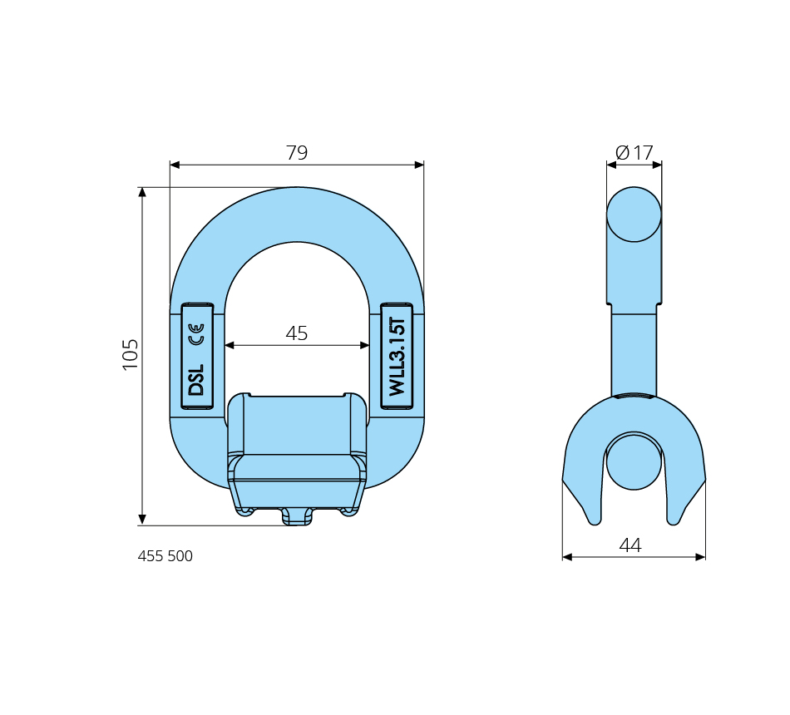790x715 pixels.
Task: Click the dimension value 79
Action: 297,153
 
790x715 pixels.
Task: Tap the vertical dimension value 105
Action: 130,355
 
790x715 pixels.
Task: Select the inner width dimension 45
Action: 297,333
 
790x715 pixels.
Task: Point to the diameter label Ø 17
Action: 634,153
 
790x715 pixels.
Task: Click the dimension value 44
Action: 630,545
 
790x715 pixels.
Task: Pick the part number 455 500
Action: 165,555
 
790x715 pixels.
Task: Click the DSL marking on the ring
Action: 196,379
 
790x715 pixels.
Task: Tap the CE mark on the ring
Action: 196,334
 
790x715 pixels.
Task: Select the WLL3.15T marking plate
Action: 397,356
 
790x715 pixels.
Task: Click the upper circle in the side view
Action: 634,214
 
